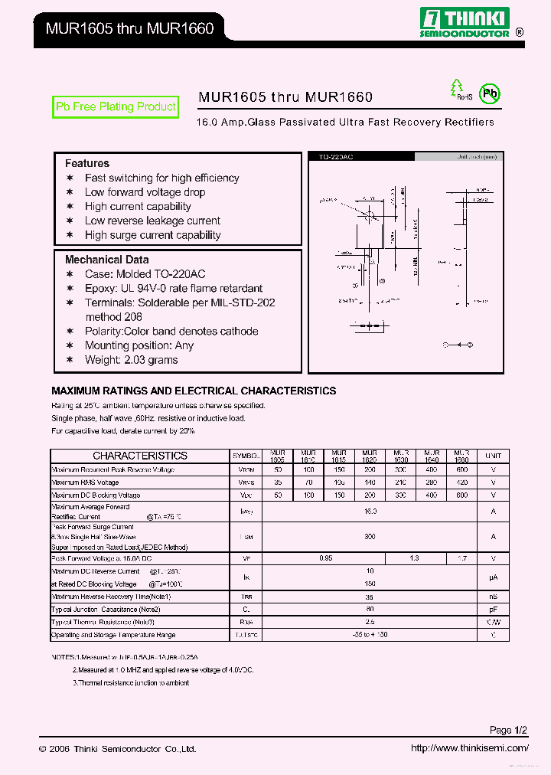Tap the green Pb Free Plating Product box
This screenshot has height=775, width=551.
coord(116,107)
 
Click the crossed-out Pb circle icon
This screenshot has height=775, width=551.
coord(489,94)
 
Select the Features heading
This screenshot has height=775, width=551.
coord(87,163)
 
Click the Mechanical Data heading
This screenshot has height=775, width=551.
coord(107,260)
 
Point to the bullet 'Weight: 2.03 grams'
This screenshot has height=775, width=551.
coord(132,360)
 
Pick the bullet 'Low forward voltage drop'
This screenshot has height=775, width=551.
coord(145,192)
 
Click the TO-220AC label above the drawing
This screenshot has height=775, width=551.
coord(331,156)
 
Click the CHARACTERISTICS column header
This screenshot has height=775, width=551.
coord(140,456)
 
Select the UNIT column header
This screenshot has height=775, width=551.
coord(494,456)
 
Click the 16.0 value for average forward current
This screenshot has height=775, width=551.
coord(370,511)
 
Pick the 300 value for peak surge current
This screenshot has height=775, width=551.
coord(370,538)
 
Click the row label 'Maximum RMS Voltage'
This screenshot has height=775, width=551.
coord(85,482)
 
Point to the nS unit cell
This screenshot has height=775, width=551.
coord(494,597)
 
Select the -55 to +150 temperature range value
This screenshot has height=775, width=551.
coord(370,635)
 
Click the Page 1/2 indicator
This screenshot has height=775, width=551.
coord(509,730)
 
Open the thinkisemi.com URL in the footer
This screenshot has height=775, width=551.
coord(469,748)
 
